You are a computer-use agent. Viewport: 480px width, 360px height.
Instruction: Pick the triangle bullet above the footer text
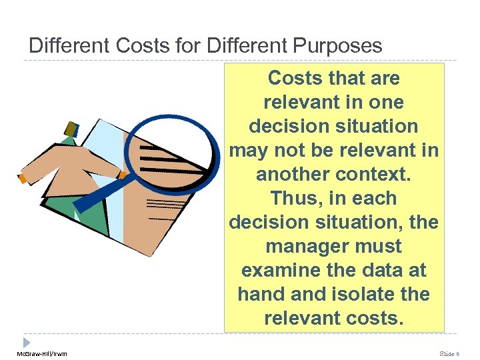(x=27, y=341)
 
